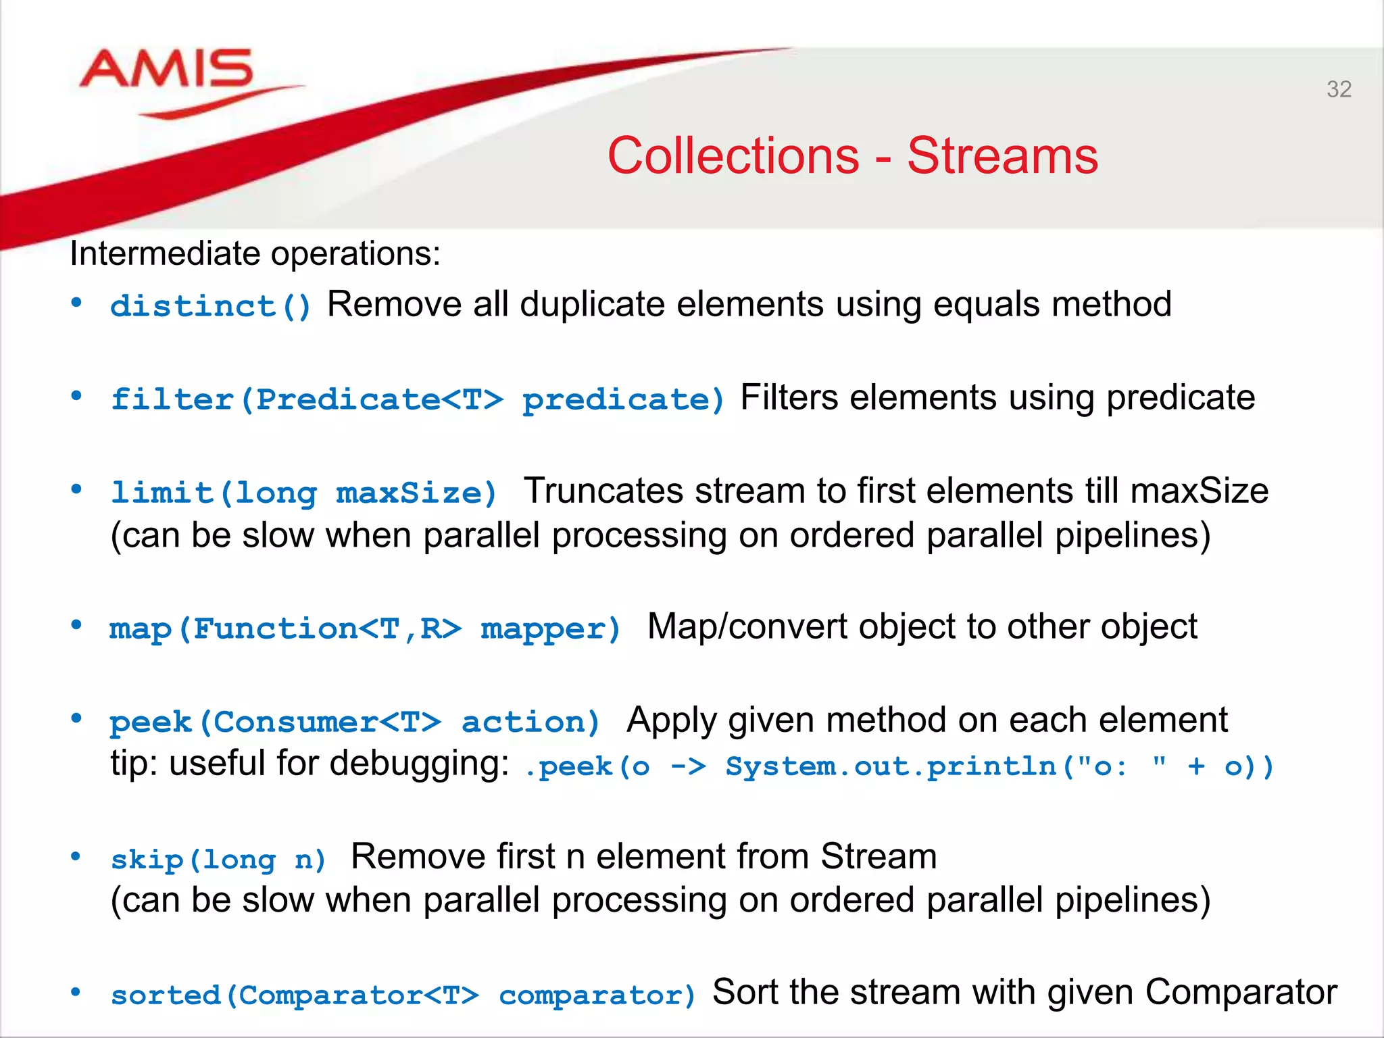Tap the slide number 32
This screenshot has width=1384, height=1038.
(x=1339, y=89)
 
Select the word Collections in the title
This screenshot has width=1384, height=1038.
(x=733, y=156)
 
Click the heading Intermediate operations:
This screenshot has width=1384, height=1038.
(x=255, y=254)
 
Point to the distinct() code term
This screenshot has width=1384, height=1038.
(x=211, y=306)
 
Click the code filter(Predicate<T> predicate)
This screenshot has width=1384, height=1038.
(x=418, y=399)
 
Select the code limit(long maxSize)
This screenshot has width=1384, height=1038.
(x=304, y=493)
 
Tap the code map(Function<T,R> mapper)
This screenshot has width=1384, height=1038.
(x=365, y=629)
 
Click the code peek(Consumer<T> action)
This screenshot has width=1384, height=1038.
(x=355, y=722)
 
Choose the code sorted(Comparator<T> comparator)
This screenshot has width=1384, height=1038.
(x=403, y=995)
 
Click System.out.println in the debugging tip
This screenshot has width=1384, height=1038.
(x=891, y=767)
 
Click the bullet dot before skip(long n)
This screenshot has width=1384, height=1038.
(x=76, y=857)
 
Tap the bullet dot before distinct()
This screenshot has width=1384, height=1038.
(x=76, y=303)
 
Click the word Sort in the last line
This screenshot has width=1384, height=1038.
(x=743, y=992)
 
